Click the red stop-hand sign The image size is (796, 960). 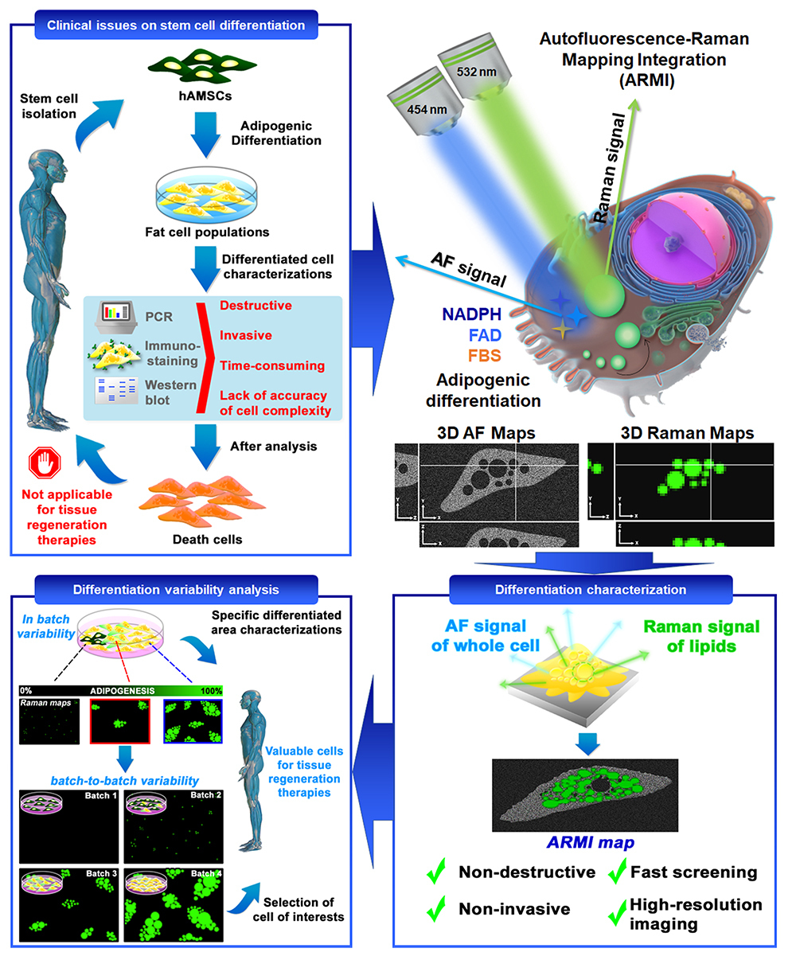pyautogui.click(x=45, y=462)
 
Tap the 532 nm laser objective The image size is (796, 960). pyautogui.click(x=474, y=67)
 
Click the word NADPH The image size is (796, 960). pyautogui.click(x=471, y=314)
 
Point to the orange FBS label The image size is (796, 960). pyautogui.click(x=484, y=355)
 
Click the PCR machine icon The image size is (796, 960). pyautogui.click(x=116, y=317)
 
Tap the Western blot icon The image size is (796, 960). pyautogui.click(x=116, y=390)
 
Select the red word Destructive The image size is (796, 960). pyautogui.click(x=256, y=306)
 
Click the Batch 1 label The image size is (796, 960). pyautogui.click(x=101, y=795)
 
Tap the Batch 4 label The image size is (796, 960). pyautogui.click(x=206, y=873)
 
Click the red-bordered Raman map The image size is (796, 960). pyautogui.click(x=120, y=721)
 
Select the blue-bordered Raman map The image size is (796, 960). pyautogui.click(x=193, y=721)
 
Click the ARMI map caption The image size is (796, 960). pyautogui.click(x=591, y=842)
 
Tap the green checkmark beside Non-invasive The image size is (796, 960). pyautogui.click(x=436, y=908)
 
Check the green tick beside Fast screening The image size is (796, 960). pyautogui.click(x=617, y=870)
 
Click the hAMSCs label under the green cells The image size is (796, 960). pyautogui.click(x=205, y=96)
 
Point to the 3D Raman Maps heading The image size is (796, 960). pyautogui.click(x=687, y=433)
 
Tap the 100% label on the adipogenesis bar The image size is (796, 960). pyautogui.click(x=211, y=691)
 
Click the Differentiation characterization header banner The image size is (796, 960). pyautogui.click(x=591, y=589)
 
